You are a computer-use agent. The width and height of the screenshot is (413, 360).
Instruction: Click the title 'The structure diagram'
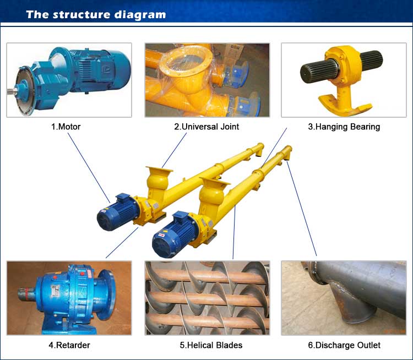pos(96,14)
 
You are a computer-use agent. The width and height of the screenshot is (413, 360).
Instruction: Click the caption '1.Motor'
pos(66,127)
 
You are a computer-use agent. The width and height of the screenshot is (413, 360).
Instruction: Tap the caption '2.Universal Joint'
pos(206,127)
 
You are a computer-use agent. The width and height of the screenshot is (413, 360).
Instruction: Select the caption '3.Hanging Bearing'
pos(344,127)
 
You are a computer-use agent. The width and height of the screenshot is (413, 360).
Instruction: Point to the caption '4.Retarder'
pos(69,345)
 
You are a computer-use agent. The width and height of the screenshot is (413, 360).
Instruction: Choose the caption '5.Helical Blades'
pos(211,345)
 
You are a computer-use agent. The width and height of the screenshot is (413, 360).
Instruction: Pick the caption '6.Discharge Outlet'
pos(344,345)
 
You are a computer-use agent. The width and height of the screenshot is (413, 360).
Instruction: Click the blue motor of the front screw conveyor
pos(175,234)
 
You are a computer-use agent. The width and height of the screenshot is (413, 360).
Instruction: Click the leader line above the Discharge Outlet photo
pos(302,209)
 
